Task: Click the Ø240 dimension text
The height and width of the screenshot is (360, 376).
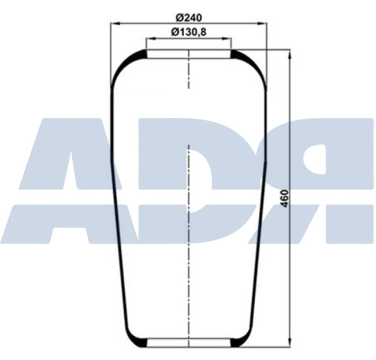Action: coord(188,16)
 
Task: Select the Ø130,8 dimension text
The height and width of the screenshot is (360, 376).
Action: coord(189,32)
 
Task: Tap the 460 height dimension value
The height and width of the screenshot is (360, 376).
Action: coord(284,199)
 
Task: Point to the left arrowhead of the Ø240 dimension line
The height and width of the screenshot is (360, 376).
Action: coord(114,24)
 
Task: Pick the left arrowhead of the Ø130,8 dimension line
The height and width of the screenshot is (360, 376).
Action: coord(149,39)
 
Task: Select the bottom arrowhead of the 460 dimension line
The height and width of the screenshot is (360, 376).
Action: coord(289,345)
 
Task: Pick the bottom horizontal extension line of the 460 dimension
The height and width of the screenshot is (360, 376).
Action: coord(266,348)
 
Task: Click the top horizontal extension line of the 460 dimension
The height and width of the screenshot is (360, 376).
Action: coord(266,50)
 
